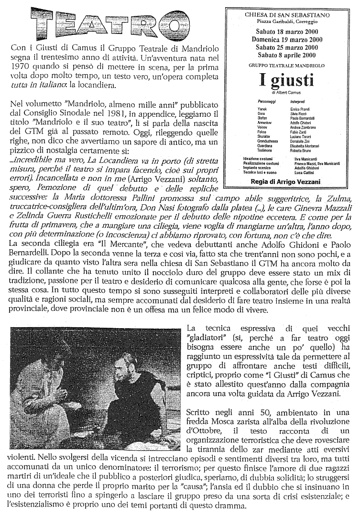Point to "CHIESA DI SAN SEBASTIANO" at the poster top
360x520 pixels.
[287, 15]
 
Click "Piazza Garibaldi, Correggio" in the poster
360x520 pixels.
[287, 22]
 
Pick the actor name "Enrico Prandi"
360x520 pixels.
[300, 109]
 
